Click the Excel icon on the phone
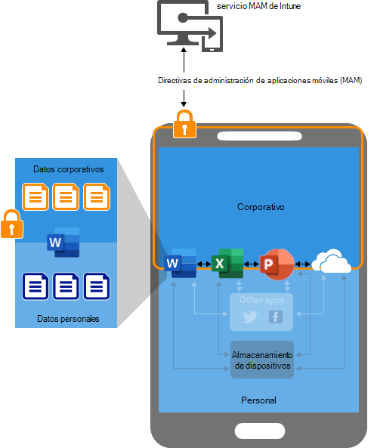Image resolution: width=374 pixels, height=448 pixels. (x=227, y=263)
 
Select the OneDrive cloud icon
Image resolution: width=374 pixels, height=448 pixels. (x=331, y=261)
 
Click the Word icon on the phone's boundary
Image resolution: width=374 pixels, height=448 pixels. (x=181, y=263)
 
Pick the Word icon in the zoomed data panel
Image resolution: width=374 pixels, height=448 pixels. (x=63, y=243)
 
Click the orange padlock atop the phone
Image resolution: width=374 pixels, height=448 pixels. (x=184, y=124)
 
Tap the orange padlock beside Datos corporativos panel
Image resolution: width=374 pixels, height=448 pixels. (x=12, y=224)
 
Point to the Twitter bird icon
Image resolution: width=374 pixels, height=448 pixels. (x=250, y=317)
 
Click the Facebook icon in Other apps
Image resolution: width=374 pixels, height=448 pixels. (x=276, y=317)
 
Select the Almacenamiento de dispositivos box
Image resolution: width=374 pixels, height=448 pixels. (x=262, y=360)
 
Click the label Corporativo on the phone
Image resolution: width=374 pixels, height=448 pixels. (x=261, y=206)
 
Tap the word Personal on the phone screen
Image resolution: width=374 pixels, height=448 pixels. (x=258, y=400)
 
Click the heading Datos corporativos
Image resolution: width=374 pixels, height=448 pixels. (x=68, y=169)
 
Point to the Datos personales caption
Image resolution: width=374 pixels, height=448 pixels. (x=68, y=319)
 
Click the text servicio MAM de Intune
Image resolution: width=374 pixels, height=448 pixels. (x=258, y=6)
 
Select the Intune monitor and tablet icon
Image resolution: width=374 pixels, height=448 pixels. (x=190, y=26)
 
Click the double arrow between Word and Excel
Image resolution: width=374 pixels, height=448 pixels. (x=204, y=264)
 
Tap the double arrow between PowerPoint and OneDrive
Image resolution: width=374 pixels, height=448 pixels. (x=302, y=264)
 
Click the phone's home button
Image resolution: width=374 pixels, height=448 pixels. (x=260, y=431)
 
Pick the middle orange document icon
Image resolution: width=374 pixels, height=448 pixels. (x=66, y=197)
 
